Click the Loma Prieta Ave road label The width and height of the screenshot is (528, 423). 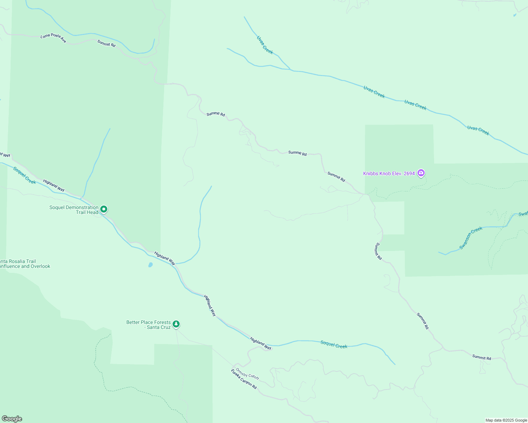[x=53, y=38]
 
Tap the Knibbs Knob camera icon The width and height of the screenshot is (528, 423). [x=421, y=173]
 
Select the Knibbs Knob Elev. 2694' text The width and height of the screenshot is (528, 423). [x=389, y=173]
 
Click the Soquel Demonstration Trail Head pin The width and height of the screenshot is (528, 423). [x=104, y=209]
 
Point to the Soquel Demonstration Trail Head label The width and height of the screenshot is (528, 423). [x=74, y=210]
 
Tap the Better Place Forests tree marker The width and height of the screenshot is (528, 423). [x=176, y=324]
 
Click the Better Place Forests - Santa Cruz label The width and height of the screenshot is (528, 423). [x=149, y=325]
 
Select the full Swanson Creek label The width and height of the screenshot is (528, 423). [x=471, y=238]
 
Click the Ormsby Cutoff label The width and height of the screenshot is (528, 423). [x=247, y=374]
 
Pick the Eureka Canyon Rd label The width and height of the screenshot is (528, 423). [x=244, y=379]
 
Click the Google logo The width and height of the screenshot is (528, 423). [x=12, y=419]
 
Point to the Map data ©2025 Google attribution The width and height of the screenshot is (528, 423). [x=506, y=420]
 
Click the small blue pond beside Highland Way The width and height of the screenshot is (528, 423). [x=150, y=264]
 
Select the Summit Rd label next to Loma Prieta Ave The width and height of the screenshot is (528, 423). [x=106, y=43]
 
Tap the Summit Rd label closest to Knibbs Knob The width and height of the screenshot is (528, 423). [x=336, y=176]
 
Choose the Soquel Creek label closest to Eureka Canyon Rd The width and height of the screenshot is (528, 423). [x=334, y=344]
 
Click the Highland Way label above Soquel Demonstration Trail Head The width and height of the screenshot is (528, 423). [x=54, y=185]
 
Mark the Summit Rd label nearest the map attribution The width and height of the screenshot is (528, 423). [x=481, y=357]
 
